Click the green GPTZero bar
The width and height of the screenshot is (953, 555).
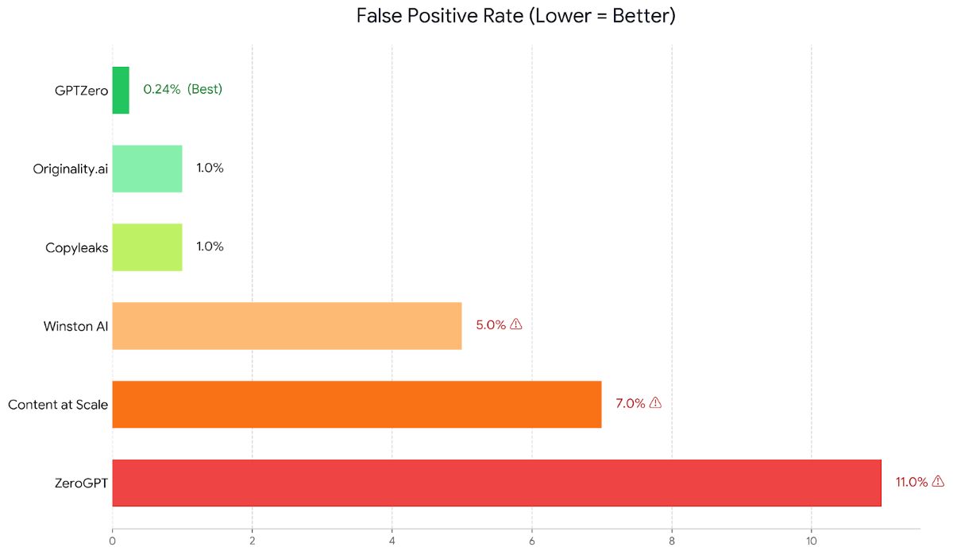121,90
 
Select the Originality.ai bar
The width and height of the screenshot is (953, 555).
147,169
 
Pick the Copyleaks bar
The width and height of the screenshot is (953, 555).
147,247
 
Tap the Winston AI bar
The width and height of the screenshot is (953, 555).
287,325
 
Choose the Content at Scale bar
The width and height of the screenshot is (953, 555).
357,404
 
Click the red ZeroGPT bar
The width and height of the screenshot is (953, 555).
496,483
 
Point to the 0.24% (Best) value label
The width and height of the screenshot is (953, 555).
183,89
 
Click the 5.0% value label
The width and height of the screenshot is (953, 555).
491,324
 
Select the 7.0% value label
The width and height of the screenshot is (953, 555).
631,403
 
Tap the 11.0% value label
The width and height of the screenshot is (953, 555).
912,482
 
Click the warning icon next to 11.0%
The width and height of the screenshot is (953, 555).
938,481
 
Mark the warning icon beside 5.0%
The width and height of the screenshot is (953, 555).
516,324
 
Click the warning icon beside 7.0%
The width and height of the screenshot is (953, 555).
655,402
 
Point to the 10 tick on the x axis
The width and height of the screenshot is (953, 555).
811,542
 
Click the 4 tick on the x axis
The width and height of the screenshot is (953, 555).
392,542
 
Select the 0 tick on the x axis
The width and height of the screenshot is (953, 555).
113,542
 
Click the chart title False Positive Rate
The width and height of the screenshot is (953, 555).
515,16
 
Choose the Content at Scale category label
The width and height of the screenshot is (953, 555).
58,405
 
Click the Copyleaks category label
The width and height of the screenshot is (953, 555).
76,248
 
